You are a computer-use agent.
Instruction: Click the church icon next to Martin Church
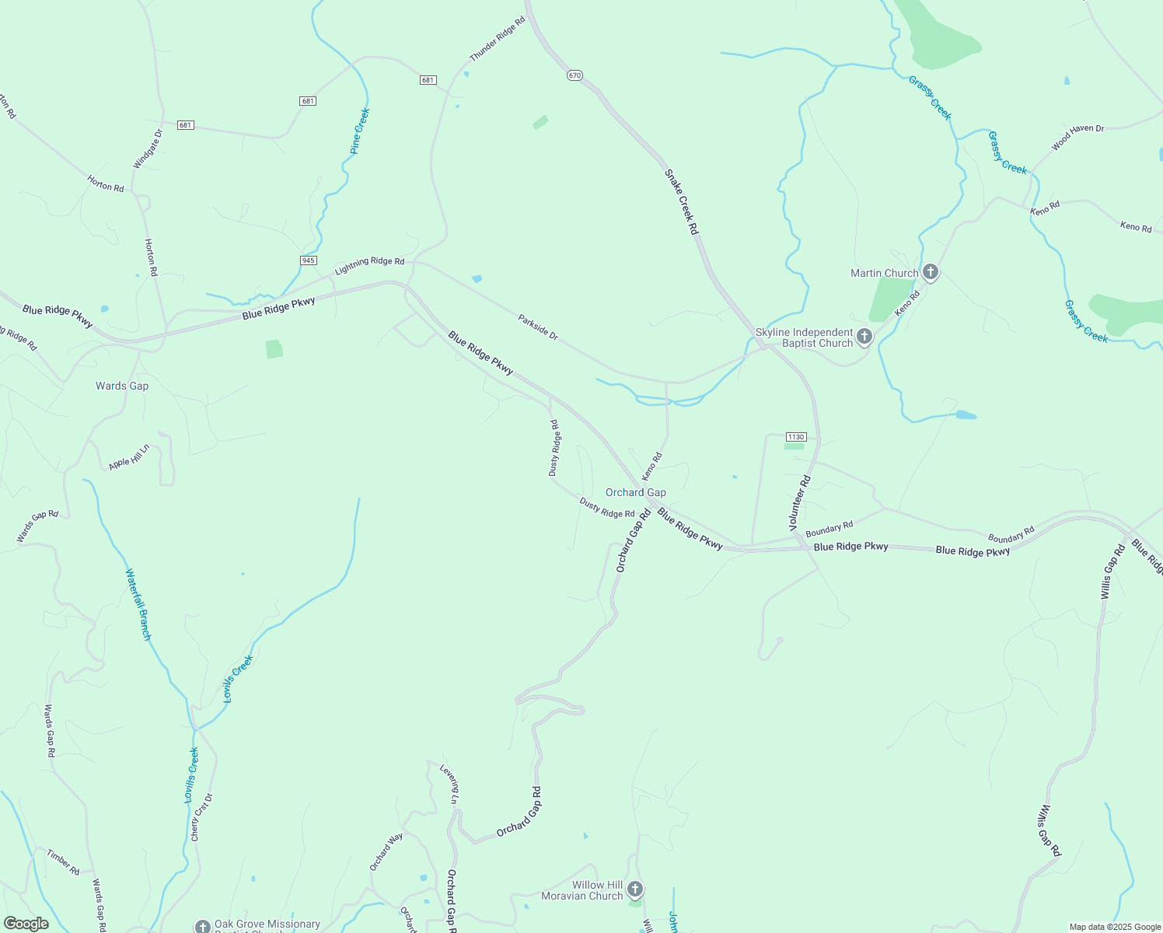point(930,273)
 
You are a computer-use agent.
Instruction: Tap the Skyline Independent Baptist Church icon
point(864,337)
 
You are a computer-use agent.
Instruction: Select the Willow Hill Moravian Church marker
point(634,889)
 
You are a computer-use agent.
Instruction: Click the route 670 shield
point(575,75)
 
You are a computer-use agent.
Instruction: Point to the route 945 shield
point(309,260)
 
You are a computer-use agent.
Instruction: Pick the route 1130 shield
point(795,437)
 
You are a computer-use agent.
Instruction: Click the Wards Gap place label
point(122,386)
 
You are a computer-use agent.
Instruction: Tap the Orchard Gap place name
point(635,492)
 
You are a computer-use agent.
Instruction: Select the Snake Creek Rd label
point(681,201)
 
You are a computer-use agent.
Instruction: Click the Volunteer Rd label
point(800,503)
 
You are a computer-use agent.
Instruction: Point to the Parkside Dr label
point(538,327)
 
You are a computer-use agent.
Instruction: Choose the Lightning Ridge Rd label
point(369,266)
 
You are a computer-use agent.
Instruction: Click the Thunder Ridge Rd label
point(498,38)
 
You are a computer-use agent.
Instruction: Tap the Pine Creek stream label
point(360,131)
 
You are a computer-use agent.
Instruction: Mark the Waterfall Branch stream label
point(138,604)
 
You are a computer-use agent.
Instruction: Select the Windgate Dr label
point(148,149)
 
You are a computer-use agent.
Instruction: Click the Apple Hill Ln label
point(128,457)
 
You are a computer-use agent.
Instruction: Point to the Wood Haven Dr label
point(1077,138)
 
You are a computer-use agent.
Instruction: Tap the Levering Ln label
point(450,783)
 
